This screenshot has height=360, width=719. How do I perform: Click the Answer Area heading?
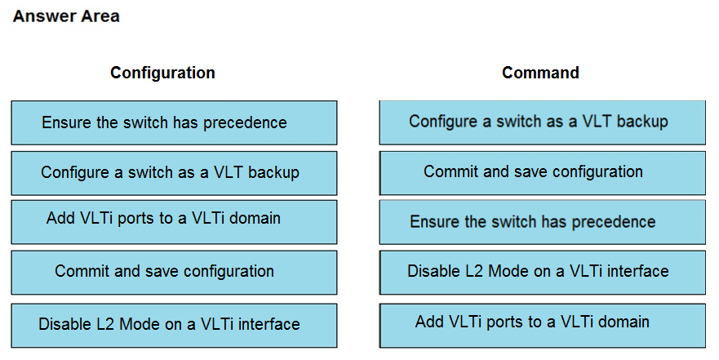pyautogui.click(x=66, y=16)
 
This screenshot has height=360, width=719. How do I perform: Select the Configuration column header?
pyautogui.click(x=162, y=73)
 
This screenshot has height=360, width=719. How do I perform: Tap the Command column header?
pyautogui.click(x=540, y=73)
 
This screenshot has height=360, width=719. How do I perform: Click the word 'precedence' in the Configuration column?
pyautogui.click(x=245, y=123)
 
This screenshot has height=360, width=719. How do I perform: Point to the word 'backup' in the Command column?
pyautogui.click(x=642, y=122)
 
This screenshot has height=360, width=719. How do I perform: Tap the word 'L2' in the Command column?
pyautogui.click(x=474, y=271)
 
